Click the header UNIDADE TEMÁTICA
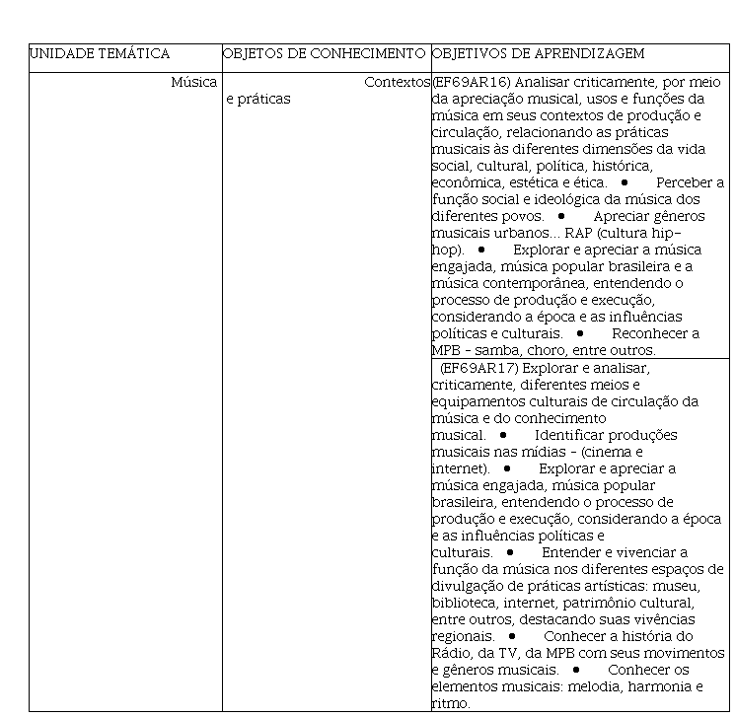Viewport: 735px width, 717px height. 99,53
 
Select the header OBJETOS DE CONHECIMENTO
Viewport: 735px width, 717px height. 326,53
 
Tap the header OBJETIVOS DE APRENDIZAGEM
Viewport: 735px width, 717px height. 539,53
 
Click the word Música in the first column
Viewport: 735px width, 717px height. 193,82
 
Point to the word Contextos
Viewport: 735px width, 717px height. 397,82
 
